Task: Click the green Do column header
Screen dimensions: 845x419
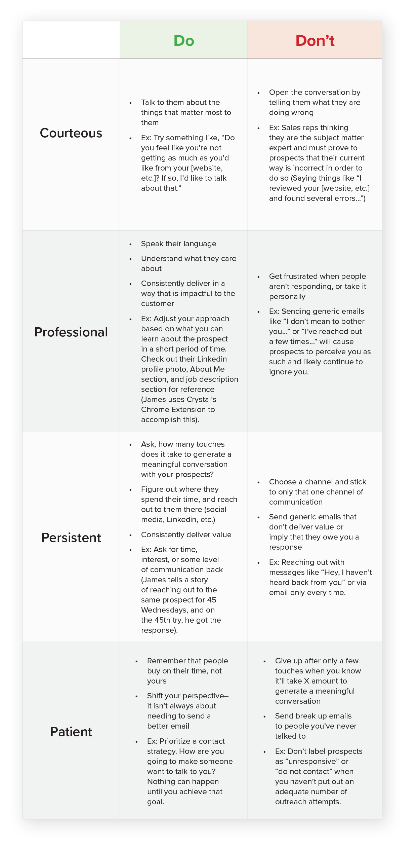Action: (x=184, y=41)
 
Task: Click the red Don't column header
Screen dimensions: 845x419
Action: (x=315, y=41)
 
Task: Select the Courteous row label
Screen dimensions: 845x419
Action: (x=71, y=133)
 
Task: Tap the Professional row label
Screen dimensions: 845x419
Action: (x=71, y=332)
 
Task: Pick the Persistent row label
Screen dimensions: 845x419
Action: (x=71, y=538)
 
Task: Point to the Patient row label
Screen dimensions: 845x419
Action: (x=71, y=732)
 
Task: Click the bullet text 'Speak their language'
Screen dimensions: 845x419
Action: (x=178, y=244)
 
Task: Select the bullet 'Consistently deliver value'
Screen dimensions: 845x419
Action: (x=186, y=535)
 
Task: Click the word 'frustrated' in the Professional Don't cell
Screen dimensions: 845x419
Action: (x=306, y=276)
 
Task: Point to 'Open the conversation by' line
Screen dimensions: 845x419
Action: (x=315, y=92)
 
